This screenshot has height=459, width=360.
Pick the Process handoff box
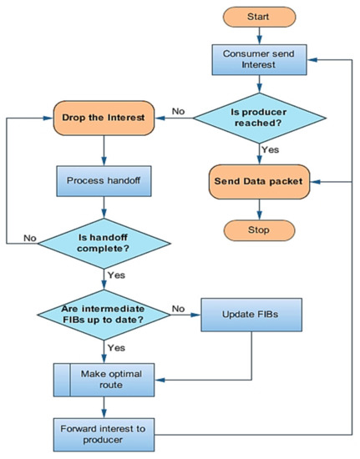pyautogui.click(x=104, y=179)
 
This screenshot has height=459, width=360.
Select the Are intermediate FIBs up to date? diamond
pyautogui.click(x=104, y=315)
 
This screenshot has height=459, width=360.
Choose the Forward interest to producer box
pyautogui.click(x=104, y=434)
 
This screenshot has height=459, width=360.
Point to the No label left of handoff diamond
pyautogui.click(x=30, y=237)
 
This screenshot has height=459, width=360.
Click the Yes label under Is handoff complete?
pyautogui.click(x=117, y=274)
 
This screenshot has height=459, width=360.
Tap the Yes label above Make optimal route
pyautogui.click(x=117, y=346)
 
